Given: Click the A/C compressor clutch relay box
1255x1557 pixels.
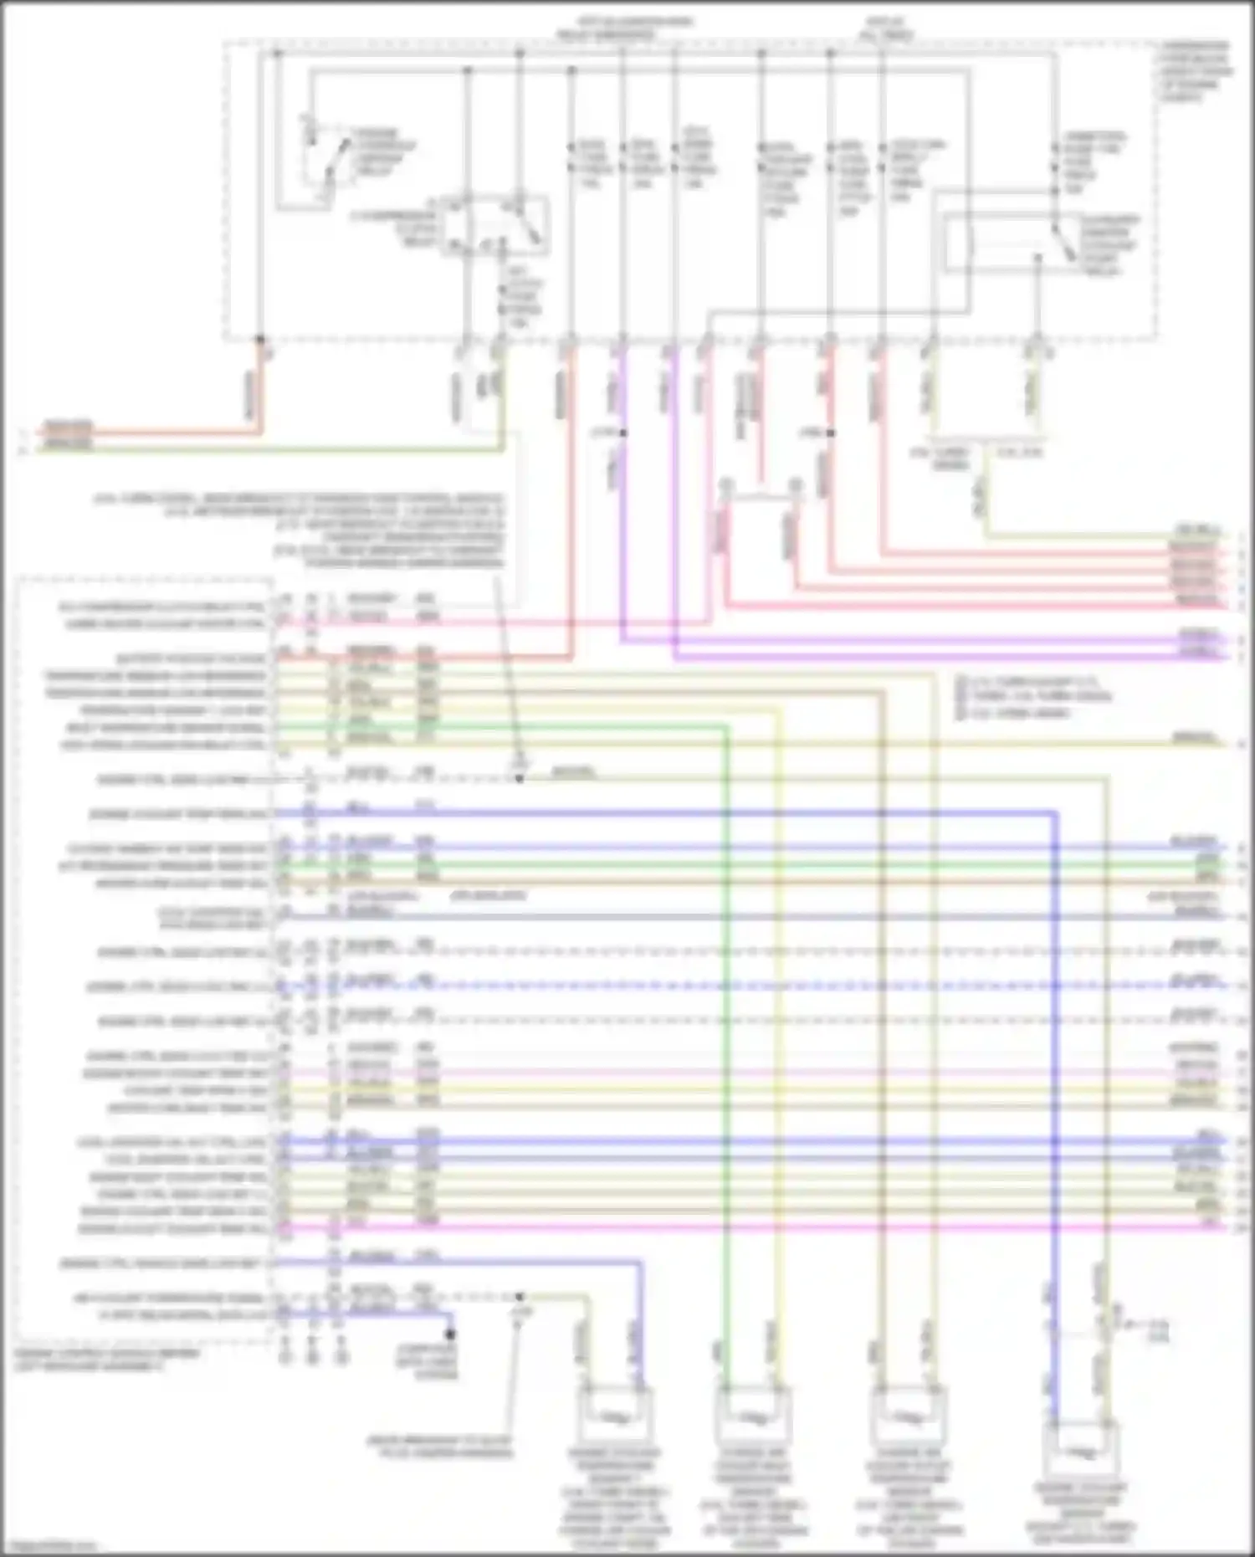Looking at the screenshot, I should pos(494,223).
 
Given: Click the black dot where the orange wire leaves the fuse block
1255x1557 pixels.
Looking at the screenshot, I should pos(260,341).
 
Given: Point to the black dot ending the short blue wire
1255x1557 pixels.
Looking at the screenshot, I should pos(449,1334).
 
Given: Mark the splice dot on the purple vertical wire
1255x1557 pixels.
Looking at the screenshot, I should pos(622,433).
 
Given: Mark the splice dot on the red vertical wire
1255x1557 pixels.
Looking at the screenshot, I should pos(831,433).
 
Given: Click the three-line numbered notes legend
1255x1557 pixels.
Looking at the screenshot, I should pos(1033,697).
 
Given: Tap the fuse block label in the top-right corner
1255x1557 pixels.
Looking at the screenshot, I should pos(1196,70).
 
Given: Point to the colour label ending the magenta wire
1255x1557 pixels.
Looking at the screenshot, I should pos(1207,1227).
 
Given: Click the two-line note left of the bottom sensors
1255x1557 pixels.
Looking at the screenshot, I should pos(439,1447).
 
